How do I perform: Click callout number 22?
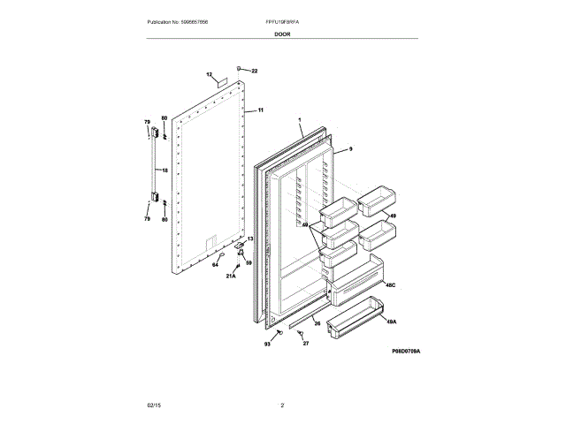click(x=254, y=71)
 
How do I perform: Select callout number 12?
click(x=210, y=75)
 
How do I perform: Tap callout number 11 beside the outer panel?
click(x=261, y=110)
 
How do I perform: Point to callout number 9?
click(x=350, y=150)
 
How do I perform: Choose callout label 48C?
click(x=390, y=284)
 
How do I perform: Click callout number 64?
click(x=215, y=264)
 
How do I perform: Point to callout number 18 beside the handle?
click(x=164, y=170)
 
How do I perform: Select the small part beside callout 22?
click(x=239, y=69)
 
